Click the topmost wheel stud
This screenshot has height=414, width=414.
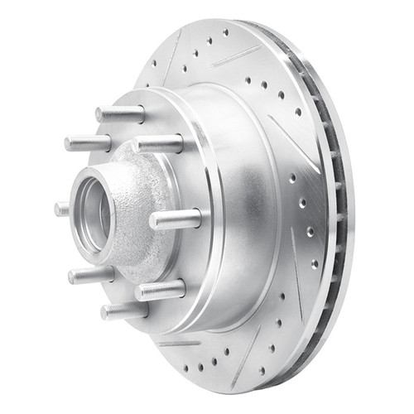pyautogui.click(x=120, y=113)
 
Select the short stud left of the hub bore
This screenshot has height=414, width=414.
pyautogui.click(x=62, y=209)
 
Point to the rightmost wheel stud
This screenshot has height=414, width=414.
pyautogui.click(x=176, y=219)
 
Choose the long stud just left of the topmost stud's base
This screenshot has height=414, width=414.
pyautogui.click(x=88, y=143)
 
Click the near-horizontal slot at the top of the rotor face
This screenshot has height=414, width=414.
pyautogui.click(x=237, y=56)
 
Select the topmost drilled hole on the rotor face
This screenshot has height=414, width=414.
pyautogui.click(x=225, y=32)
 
